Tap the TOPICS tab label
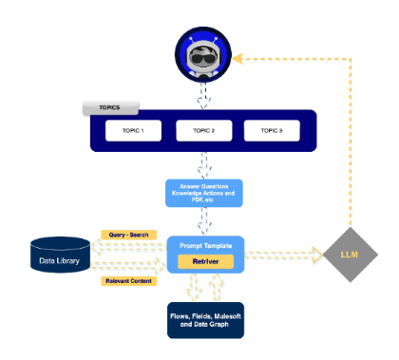[110, 107]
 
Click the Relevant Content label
[129, 280]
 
